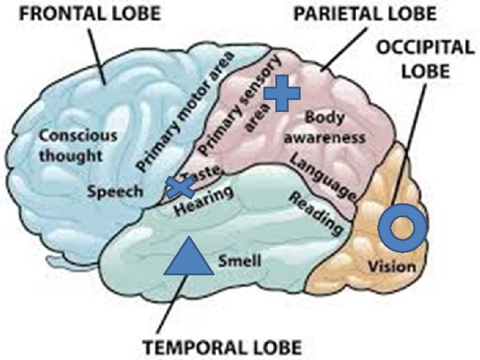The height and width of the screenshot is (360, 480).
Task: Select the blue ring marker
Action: [402, 227]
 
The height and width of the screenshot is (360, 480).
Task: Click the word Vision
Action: [392, 267]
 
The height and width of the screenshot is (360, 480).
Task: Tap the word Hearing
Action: [204, 202]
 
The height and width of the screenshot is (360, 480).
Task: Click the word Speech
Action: [116, 192]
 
